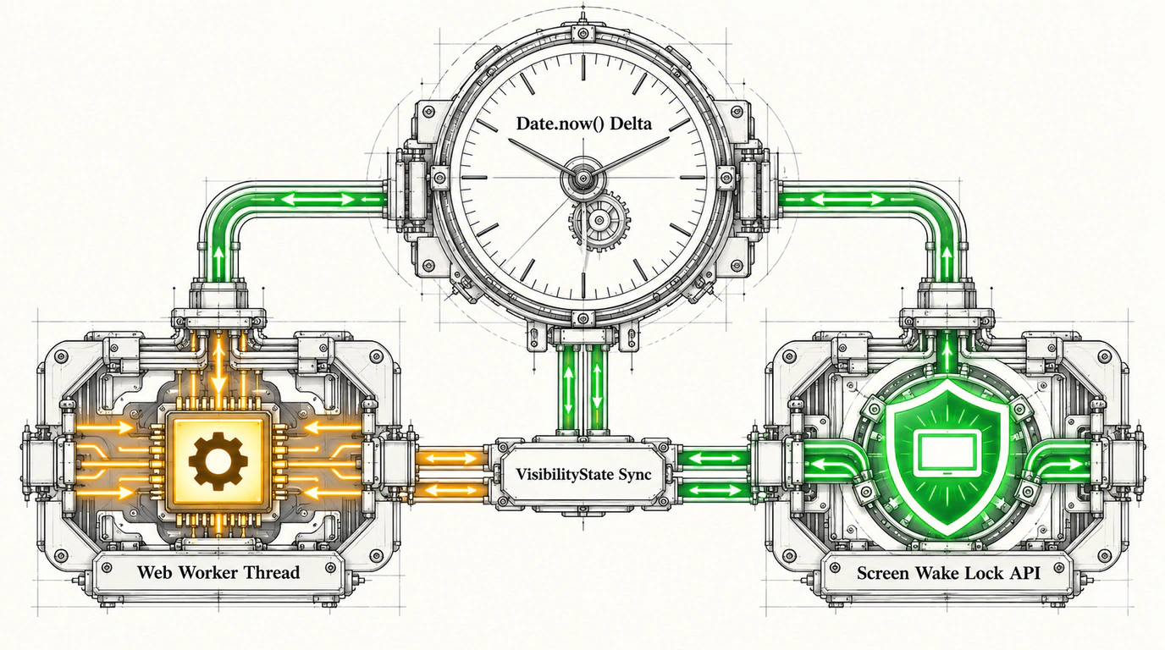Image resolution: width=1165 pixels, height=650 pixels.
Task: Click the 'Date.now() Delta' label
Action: coord(583,124)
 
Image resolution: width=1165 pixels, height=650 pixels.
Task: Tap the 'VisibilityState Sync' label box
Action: coord(583,475)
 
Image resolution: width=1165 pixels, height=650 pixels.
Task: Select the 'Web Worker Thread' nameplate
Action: coord(218,572)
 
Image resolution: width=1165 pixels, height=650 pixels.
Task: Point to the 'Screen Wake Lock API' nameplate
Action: coord(948,573)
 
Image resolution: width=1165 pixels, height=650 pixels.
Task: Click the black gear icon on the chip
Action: coord(218,460)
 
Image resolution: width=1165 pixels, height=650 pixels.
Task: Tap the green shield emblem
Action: coord(948,458)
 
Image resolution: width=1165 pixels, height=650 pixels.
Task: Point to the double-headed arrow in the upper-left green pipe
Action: coord(318,199)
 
